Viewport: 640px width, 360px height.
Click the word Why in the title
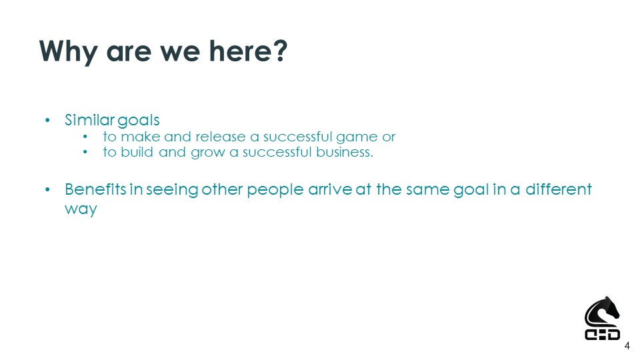pyautogui.click(x=69, y=52)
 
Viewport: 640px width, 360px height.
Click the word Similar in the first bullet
pyautogui.click(x=90, y=120)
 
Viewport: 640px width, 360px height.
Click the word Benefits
pyautogui.click(x=95, y=189)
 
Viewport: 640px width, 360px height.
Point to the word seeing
pyautogui.click(x=172, y=190)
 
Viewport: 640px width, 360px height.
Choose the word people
pyautogui.click(x=275, y=190)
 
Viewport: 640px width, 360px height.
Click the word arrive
pyautogui.click(x=330, y=189)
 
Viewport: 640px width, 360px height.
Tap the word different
pyautogui.click(x=559, y=189)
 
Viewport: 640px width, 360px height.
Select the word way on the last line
pyautogui.click(x=81, y=209)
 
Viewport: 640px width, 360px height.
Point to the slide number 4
pyautogui.click(x=627, y=347)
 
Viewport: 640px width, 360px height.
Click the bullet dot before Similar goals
pyautogui.click(x=47, y=121)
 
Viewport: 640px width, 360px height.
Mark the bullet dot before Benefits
pyautogui.click(x=47, y=190)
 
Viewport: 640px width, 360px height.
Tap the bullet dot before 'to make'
pyautogui.click(x=85, y=137)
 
